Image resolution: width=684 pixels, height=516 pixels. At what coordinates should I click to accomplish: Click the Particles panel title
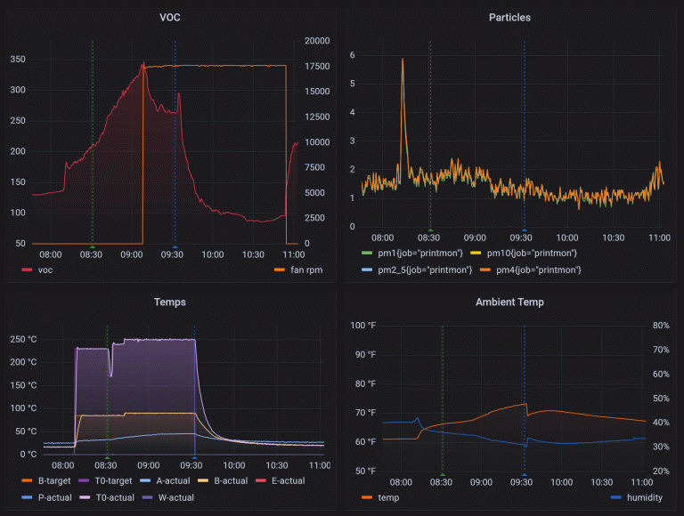510,18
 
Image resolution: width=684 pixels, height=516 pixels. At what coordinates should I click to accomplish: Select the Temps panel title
169,302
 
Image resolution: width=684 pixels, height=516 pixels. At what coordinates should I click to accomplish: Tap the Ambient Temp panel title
510,302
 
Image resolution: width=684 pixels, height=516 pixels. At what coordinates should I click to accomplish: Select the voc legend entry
45,270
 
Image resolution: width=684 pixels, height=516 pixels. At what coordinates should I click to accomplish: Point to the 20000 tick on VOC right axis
316,42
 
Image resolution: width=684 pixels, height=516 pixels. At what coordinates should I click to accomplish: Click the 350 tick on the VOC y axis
18,60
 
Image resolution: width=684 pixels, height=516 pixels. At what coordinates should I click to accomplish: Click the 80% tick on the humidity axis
661,326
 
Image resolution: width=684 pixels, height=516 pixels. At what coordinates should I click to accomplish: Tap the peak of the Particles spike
403,60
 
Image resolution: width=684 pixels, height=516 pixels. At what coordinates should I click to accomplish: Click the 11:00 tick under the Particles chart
659,238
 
